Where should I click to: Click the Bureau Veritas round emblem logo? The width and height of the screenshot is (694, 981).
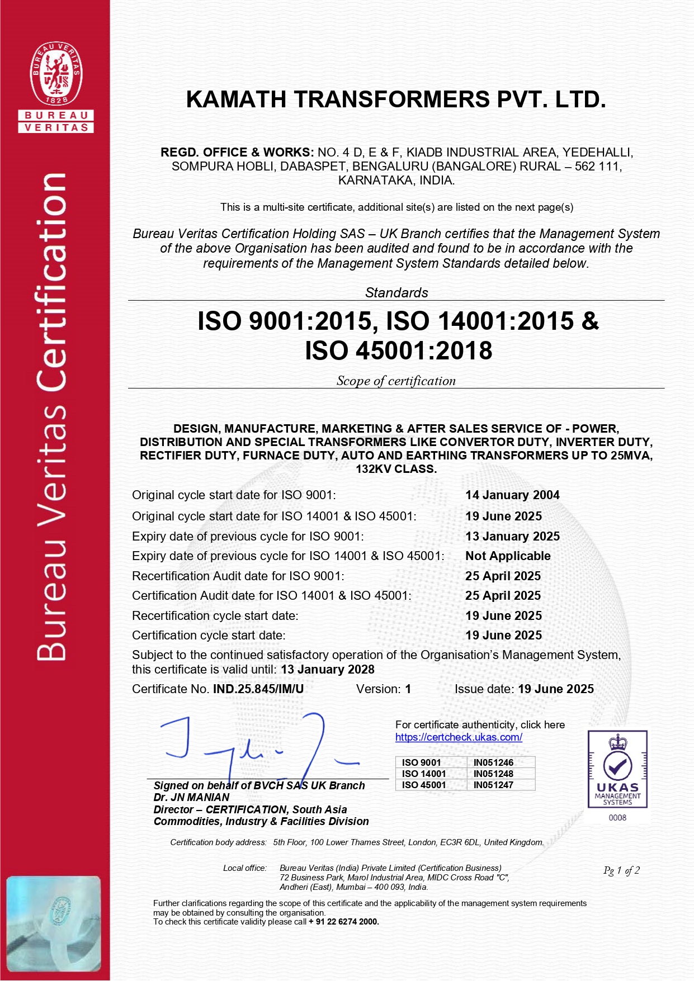(56, 73)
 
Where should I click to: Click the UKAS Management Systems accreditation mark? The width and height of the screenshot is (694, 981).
(617, 769)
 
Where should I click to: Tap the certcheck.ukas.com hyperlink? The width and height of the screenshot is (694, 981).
(459, 737)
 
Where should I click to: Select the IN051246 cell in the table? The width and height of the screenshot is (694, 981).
(493, 762)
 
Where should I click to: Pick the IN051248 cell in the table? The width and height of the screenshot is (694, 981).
(493, 774)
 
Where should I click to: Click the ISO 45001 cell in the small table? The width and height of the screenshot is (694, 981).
(424, 785)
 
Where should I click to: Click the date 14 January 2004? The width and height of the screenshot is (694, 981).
(512, 495)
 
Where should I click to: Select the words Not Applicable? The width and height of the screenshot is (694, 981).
(508, 556)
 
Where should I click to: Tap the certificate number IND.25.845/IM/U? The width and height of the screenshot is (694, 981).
(258, 689)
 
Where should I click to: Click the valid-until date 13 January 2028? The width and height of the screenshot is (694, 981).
(328, 669)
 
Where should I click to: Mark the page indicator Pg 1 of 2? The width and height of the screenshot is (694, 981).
(621, 870)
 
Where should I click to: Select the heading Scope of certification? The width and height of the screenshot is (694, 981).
(396, 381)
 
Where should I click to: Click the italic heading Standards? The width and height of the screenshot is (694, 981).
(396, 292)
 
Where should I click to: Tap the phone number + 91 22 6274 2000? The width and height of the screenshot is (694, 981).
(344, 922)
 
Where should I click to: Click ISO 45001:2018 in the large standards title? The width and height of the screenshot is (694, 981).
(399, 350)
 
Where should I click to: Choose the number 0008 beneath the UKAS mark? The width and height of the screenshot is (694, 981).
(617, 817)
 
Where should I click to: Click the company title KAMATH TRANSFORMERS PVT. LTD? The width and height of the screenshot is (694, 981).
(396, 99)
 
